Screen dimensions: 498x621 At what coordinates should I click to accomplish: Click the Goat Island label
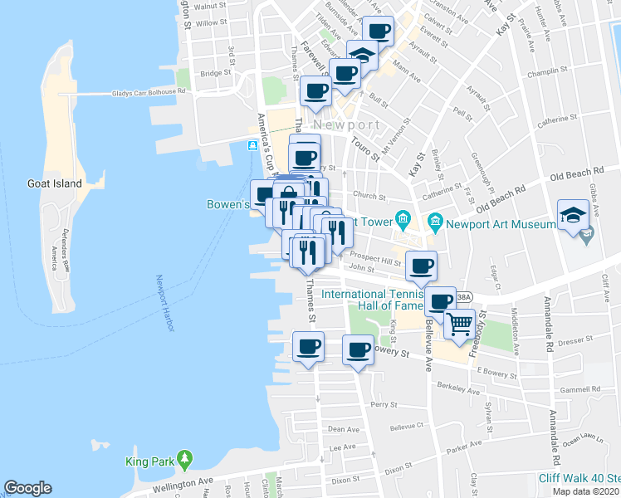[54, 183]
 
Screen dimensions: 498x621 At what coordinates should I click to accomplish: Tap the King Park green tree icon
[184, 458]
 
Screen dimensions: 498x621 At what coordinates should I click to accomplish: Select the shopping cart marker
[459, 323]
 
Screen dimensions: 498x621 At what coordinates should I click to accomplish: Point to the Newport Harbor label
[162, 303]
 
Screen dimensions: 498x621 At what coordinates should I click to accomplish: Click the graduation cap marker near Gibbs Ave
[573, 216]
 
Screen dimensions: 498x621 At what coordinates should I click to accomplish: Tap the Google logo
[27, 488]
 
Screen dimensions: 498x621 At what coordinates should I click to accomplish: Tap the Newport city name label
[347, 125]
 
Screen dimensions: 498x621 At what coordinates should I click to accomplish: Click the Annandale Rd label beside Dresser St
[549, 325]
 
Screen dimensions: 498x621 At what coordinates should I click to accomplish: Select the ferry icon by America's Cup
[252, 146]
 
